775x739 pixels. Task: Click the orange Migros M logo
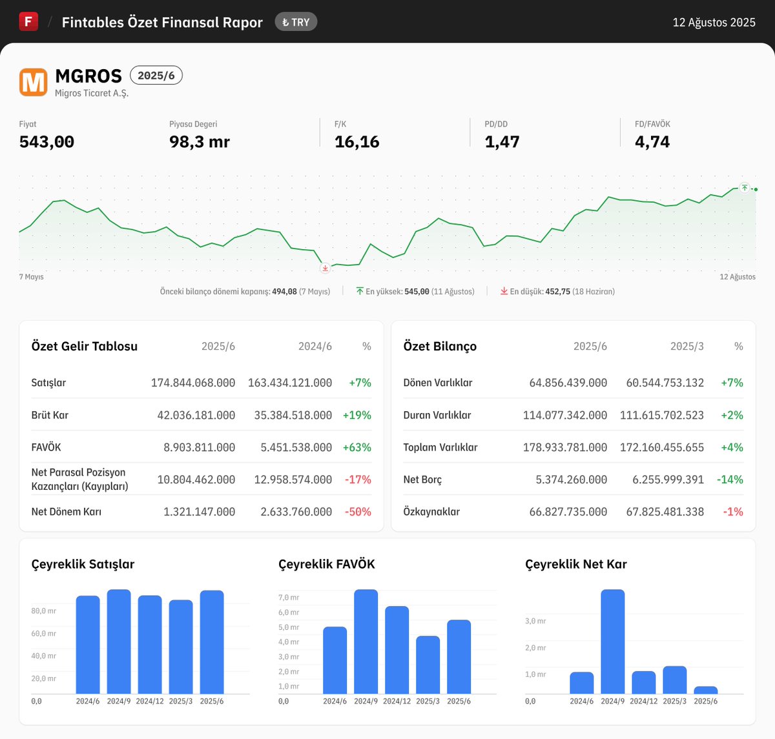click(x=33, y=83)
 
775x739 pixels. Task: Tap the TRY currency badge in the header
click(x=296, y=22)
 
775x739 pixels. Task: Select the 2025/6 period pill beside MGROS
click(x=156, y=76)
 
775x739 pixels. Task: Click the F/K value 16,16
click(x=356, y=142)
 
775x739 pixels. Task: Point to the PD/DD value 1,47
click(x=502, y=142)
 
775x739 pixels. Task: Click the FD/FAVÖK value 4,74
click(x=652, y=142)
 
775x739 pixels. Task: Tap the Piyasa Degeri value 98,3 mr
click(x=199, y=142)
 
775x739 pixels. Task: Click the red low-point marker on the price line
click(x=325, y=268)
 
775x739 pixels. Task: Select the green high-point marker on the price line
click(x=745, y=188)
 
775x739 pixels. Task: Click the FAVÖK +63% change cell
click(x=357, y=447)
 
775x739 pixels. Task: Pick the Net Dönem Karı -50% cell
click(x=358, y=512)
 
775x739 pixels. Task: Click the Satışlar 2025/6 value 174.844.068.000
click(x=193, y=383)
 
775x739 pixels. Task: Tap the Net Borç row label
click(x=422, y=480)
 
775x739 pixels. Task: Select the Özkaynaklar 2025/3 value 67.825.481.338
click(x=665, y=512)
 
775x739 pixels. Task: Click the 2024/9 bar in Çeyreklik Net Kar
click(x=612, y=642)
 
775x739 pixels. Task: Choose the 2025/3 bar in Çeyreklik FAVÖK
click(x=428, y=665)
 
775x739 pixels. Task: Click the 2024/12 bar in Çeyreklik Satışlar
click(x=150, y=644)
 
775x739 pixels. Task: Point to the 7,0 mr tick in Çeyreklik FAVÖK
click(x=289, y=598)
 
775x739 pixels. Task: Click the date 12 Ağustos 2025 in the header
click(x=714, y=23)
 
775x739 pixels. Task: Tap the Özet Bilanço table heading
click(x=440, y=347)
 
